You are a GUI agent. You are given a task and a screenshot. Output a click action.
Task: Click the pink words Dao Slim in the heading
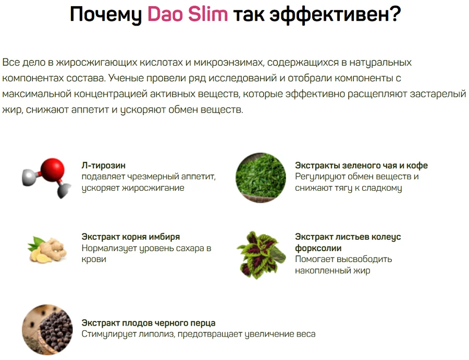tap(188, 15)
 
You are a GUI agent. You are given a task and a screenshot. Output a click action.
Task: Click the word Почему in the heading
tap(106, 15)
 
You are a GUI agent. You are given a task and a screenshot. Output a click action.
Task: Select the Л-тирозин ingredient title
tap(104, 166)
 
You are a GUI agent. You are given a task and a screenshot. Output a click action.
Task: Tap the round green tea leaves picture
tap(261, 178)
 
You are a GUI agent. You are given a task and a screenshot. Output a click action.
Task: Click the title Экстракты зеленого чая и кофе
tap(361, 166)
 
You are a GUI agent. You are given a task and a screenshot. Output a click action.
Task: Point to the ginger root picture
tap(47, 249)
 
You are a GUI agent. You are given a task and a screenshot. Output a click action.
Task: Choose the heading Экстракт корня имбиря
tap(131, 237)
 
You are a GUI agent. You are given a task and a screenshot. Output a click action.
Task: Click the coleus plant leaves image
tap(261, 254)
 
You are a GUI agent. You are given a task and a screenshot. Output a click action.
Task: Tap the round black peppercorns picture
tap(47, 330)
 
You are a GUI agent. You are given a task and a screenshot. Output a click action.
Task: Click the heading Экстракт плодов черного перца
tap(149, 323)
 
